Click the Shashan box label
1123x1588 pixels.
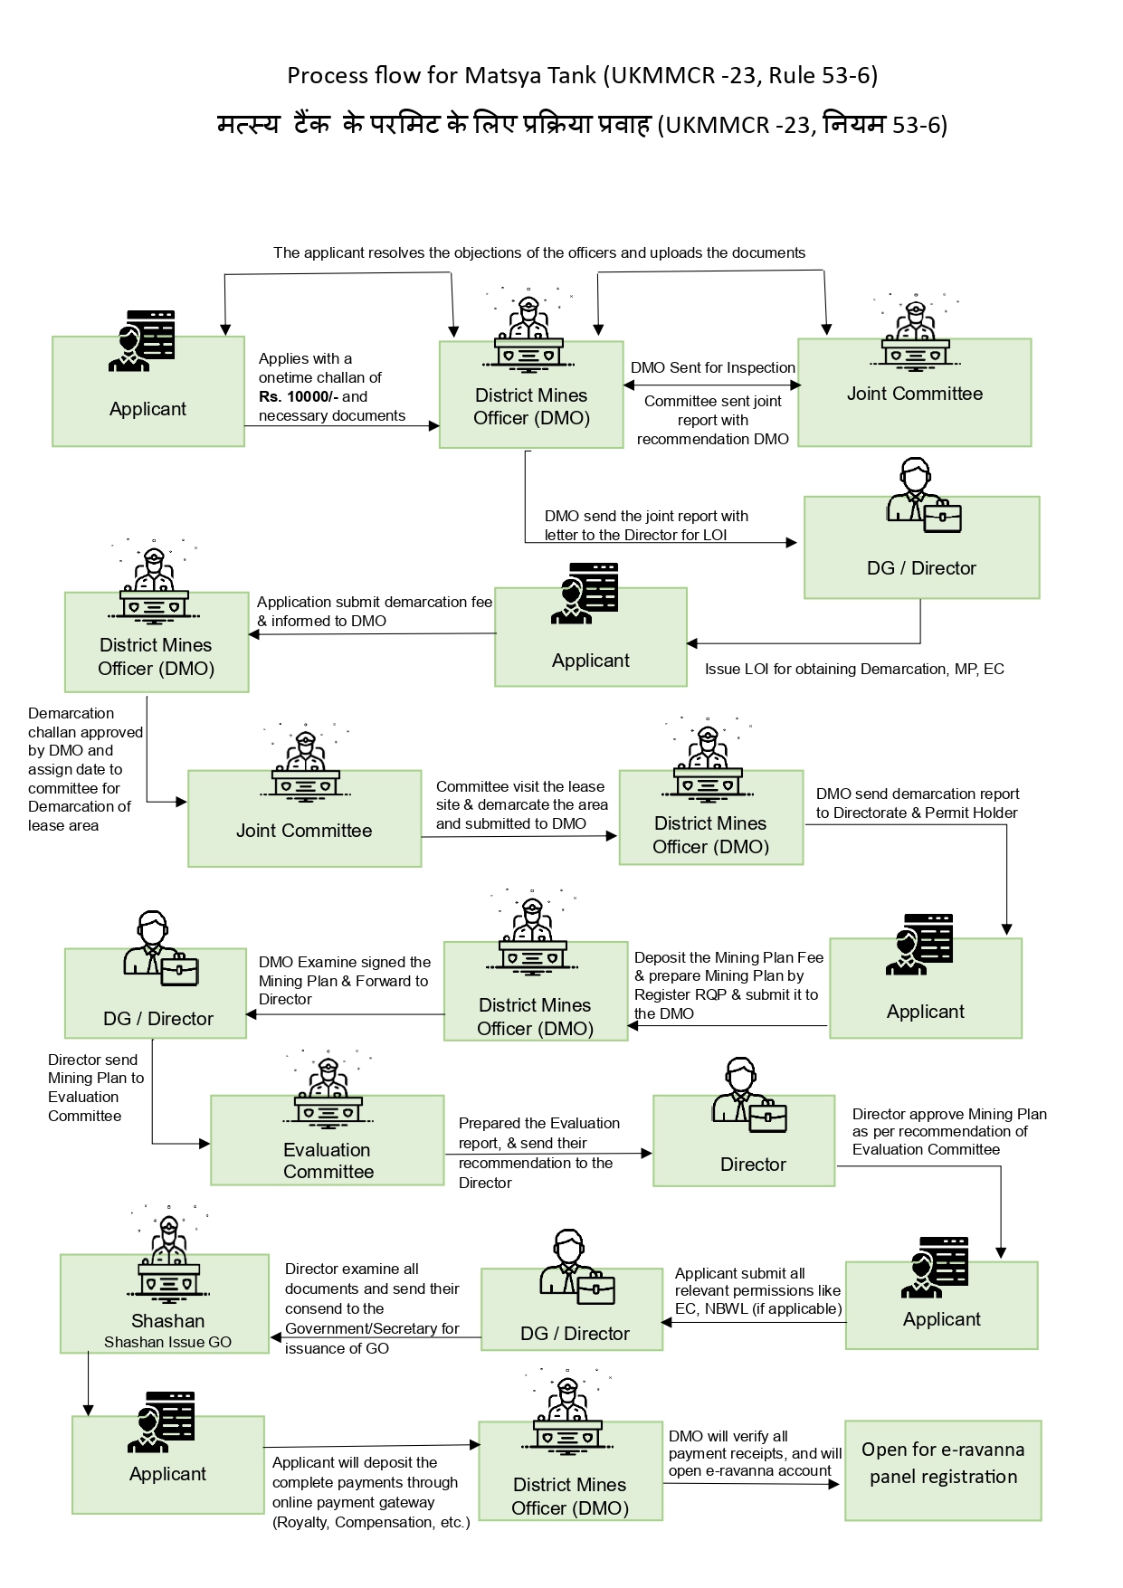[167, 1320]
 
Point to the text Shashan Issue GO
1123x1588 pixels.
[167, 1342]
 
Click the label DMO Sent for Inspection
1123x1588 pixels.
[712, 367]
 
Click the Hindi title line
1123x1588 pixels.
[582, 124]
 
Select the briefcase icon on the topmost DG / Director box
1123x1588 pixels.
[942, 517]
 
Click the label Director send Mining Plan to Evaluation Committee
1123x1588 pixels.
[95, 1087]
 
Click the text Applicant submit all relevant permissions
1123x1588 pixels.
[757, 1290]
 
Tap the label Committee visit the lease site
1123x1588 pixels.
[521, 804]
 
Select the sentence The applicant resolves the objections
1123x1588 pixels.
[539, 252]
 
